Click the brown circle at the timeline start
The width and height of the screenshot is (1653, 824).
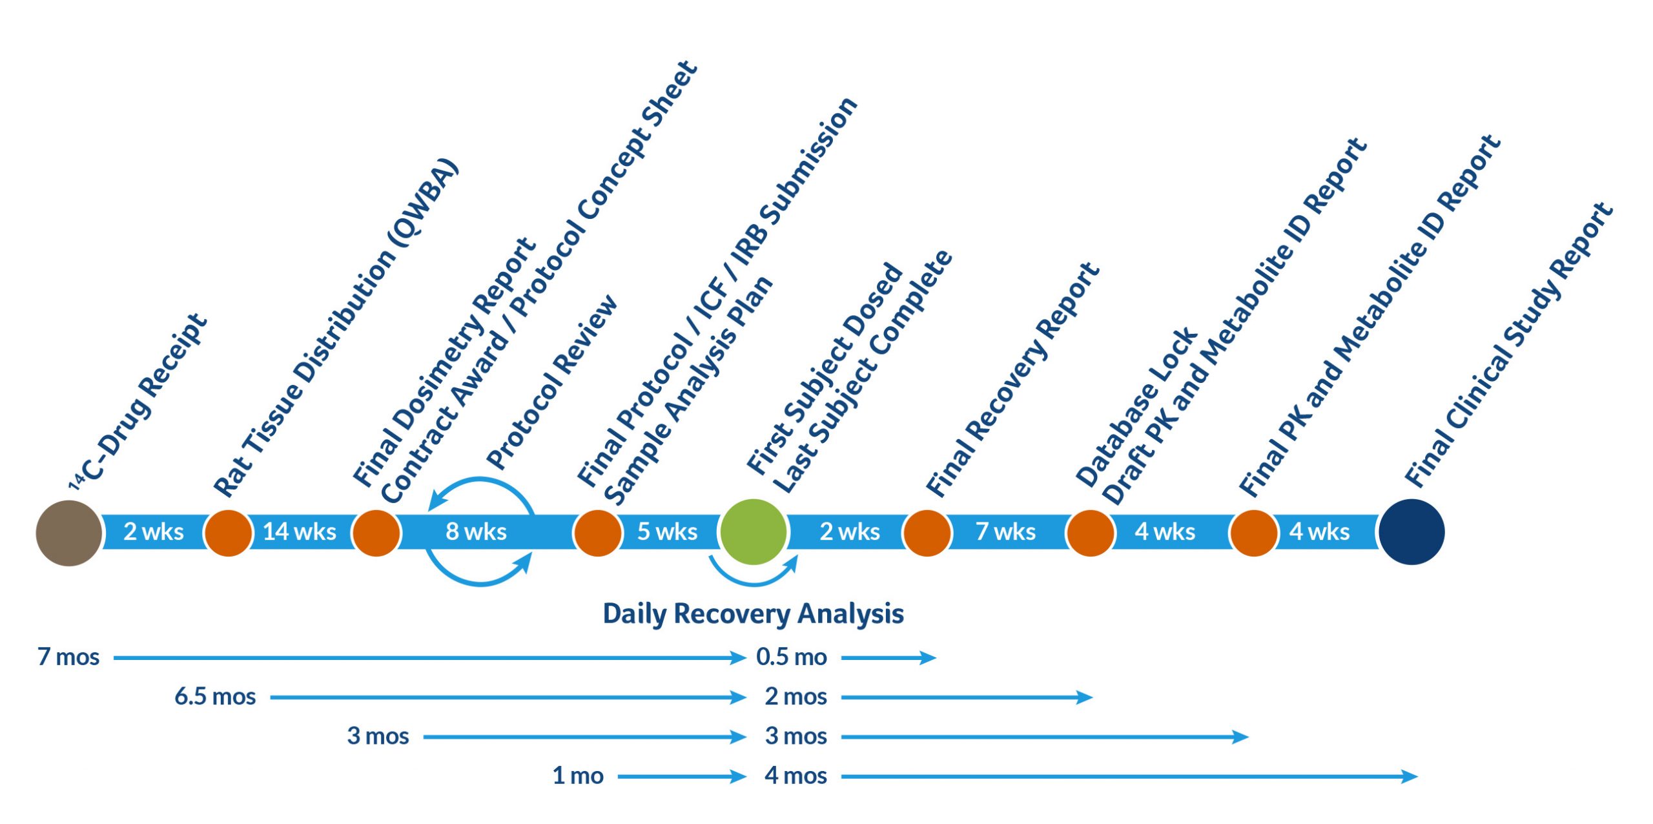[69, 533]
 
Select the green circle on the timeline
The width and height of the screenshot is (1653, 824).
[753, 531]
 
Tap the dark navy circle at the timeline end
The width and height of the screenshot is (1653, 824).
[1412, 531]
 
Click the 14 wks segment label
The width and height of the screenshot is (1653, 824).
[300, 531]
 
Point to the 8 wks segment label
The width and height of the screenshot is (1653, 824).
[476, 531]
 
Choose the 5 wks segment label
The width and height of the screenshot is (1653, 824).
[667, 531]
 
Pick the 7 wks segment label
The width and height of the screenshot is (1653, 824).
[1005, 531]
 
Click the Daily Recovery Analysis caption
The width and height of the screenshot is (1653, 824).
[753, 613]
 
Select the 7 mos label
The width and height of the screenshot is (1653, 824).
[68, 657]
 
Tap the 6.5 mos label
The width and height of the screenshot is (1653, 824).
[215, 696]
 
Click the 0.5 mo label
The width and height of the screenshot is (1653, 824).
[792, 657]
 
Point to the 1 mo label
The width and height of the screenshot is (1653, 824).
[578, 775]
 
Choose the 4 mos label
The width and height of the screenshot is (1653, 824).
[796, 775]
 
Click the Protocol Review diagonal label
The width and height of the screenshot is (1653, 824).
[552, 382]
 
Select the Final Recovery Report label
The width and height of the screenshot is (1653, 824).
[1012, 379]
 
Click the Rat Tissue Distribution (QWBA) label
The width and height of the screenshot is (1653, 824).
[336, 327]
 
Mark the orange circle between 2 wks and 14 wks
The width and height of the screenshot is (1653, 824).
[228, 533]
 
